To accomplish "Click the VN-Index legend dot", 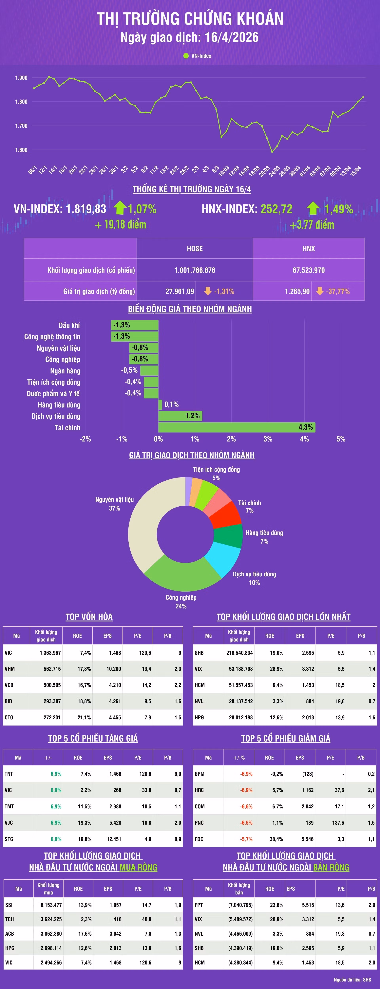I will [x=186, y=56].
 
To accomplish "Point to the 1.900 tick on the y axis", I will [x=21, y=78].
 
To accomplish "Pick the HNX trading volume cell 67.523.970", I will [x=309, y=270].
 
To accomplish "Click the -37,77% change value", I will [x=338, y=291].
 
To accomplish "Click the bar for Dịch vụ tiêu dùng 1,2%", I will [x=180, y=416].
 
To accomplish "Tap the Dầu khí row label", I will [x=69, y=325].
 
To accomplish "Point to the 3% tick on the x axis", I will [x=268, y=439].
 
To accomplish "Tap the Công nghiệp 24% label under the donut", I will [x=181, y=602].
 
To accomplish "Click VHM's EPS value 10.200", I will [x=114, y=669].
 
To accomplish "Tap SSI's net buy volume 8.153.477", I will [x=51, y=905].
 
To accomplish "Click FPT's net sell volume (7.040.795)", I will [x=240, y=905].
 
